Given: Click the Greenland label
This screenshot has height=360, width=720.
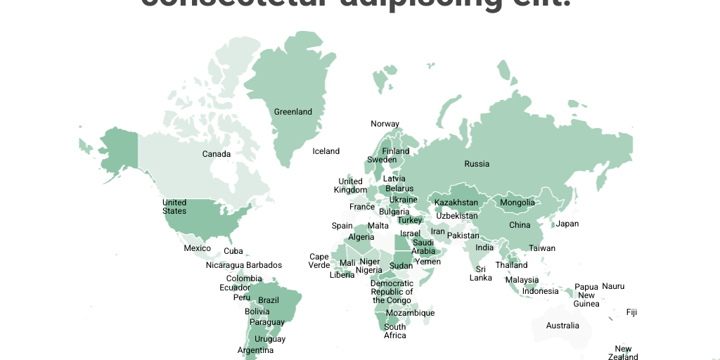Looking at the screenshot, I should [293, 112].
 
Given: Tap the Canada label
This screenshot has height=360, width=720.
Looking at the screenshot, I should [217, 154].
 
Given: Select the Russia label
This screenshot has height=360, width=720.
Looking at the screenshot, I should [477, 164].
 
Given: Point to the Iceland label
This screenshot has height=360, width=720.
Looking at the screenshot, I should [326, 151].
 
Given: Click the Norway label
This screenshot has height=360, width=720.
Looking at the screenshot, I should [385, 124].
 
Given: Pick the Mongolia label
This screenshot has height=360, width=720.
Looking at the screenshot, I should [517, 202].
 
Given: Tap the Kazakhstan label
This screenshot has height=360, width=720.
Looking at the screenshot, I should [456, 202].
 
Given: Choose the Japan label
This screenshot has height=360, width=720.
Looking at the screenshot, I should [567, 224].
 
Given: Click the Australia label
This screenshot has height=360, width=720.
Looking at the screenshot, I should [563, 326].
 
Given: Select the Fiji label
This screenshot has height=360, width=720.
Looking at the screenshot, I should [631, 312].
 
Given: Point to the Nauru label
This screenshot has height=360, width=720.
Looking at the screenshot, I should [613, 286].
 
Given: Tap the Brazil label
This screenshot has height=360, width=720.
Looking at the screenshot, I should [269, 300].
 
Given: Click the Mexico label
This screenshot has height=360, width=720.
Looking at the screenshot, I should [198, 248].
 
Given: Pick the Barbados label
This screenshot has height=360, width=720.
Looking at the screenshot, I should [264, 265].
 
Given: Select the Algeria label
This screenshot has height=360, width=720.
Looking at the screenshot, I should [362, 237].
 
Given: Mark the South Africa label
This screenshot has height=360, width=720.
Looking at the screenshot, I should [395, 331].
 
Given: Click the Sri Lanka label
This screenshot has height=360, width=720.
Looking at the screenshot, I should [481, 274].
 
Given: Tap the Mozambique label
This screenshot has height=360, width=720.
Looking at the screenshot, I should [411, 313].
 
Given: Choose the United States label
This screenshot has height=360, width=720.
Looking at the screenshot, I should [174, 207].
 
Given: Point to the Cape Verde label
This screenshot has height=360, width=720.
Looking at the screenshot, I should [319, 261].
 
